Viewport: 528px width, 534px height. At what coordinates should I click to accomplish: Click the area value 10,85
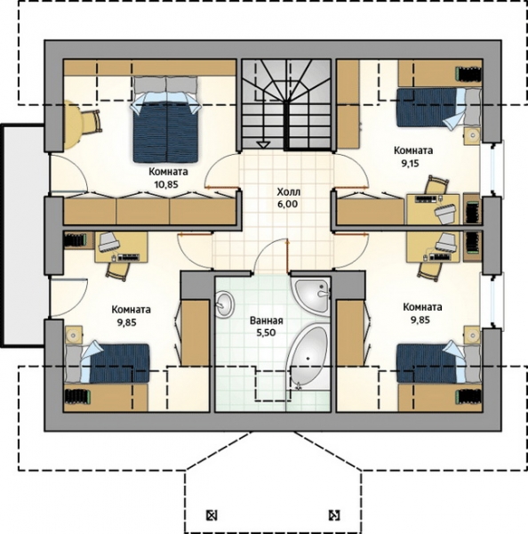[x=166, y=184]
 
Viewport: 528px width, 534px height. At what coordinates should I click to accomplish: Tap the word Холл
[x=289, y=192]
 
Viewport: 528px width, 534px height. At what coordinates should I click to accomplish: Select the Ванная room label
[x=267, y=320]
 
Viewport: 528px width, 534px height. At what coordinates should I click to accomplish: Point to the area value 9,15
[x=410, y=164]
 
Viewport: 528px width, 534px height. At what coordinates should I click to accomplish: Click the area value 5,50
[x=266, y=333]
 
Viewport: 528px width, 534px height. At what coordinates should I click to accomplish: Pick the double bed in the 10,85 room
[x=165, y=119]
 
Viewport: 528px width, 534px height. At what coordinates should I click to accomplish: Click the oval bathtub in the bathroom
[x=308, y=357]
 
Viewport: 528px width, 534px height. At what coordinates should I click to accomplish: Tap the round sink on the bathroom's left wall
[x=225, y=303]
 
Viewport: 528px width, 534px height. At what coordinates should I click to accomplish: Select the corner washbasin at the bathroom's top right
[x=313, y=295]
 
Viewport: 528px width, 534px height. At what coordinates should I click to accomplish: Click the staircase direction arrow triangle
[x=263, y=144]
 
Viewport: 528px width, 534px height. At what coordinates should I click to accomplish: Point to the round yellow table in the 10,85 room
[x=73, y=125]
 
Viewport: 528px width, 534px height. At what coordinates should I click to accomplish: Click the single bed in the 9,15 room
[x=439, y=108]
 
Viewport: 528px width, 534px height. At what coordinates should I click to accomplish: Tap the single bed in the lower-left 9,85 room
[x=108, y=363]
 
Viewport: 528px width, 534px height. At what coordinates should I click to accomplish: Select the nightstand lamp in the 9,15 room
[x=473, y=135]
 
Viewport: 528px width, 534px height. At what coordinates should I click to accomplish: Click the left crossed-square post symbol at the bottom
[x=212, y=515]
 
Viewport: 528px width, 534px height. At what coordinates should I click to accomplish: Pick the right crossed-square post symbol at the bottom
[x=334, y=515]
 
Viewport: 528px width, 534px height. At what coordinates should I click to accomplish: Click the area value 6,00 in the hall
[x=288, y=205]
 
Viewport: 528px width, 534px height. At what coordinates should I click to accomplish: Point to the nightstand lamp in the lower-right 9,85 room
[x=473, y=336]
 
